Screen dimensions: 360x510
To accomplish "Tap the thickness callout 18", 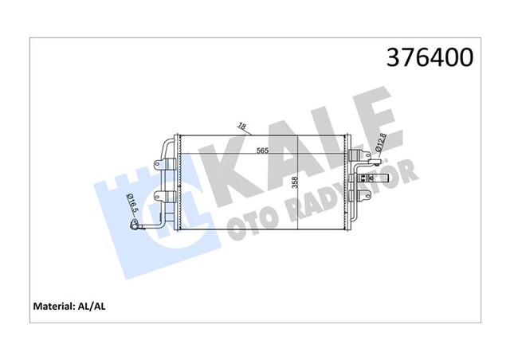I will point(241,125).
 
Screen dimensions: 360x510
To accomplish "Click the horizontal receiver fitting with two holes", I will point(371,171).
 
